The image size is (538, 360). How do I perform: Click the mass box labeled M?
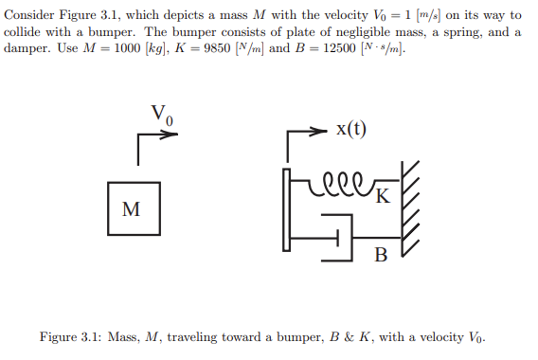click(x=132, y=207)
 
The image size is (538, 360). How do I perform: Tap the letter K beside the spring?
click(x=382, y=197)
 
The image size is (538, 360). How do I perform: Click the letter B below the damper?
click(x=381, y=254)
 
